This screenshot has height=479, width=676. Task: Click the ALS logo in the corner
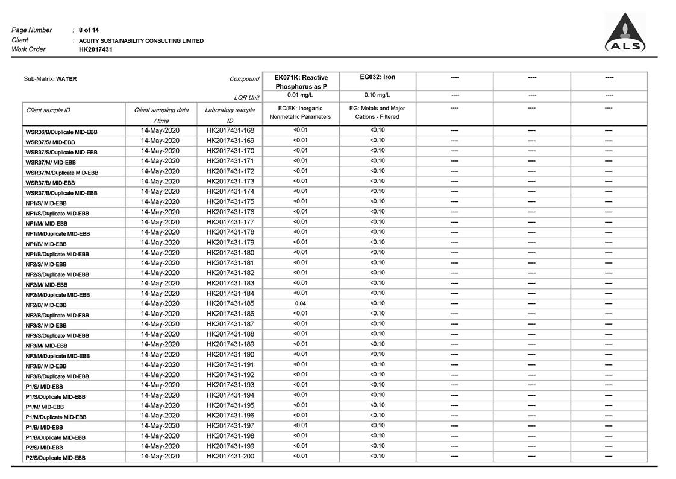pos(625,33)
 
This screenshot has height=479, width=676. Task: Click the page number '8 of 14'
pos(89,30)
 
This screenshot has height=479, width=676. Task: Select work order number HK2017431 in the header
pos(95,49)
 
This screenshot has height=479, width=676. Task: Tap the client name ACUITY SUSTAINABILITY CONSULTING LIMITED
pos(141,40)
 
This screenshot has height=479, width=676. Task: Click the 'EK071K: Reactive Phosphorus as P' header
pos(301,82)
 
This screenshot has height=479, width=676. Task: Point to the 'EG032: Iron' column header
pos(377,77)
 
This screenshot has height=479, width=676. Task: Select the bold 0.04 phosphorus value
pos(300,303)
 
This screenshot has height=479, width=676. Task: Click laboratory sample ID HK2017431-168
pos(230,130)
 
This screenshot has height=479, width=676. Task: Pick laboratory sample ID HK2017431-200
pos(230,456)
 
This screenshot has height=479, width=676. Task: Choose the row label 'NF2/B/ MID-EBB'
pos(46,305)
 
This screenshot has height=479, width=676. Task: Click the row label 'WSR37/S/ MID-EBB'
pos(50,142)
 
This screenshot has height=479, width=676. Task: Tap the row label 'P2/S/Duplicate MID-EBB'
pos(55,458)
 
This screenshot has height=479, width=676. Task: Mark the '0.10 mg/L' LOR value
pos(377,95)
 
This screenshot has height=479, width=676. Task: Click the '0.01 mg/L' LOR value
pos(300,95)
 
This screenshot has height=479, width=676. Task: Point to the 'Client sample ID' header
pos(48,110)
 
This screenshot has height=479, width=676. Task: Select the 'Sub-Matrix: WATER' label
pos(50,79)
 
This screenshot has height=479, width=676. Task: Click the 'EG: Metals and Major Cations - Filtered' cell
pos(377,113)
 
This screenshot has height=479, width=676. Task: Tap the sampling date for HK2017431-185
pos(160,303)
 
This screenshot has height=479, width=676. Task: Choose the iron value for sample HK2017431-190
pos(377,354)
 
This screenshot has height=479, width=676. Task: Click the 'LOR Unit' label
pos(246,98)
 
